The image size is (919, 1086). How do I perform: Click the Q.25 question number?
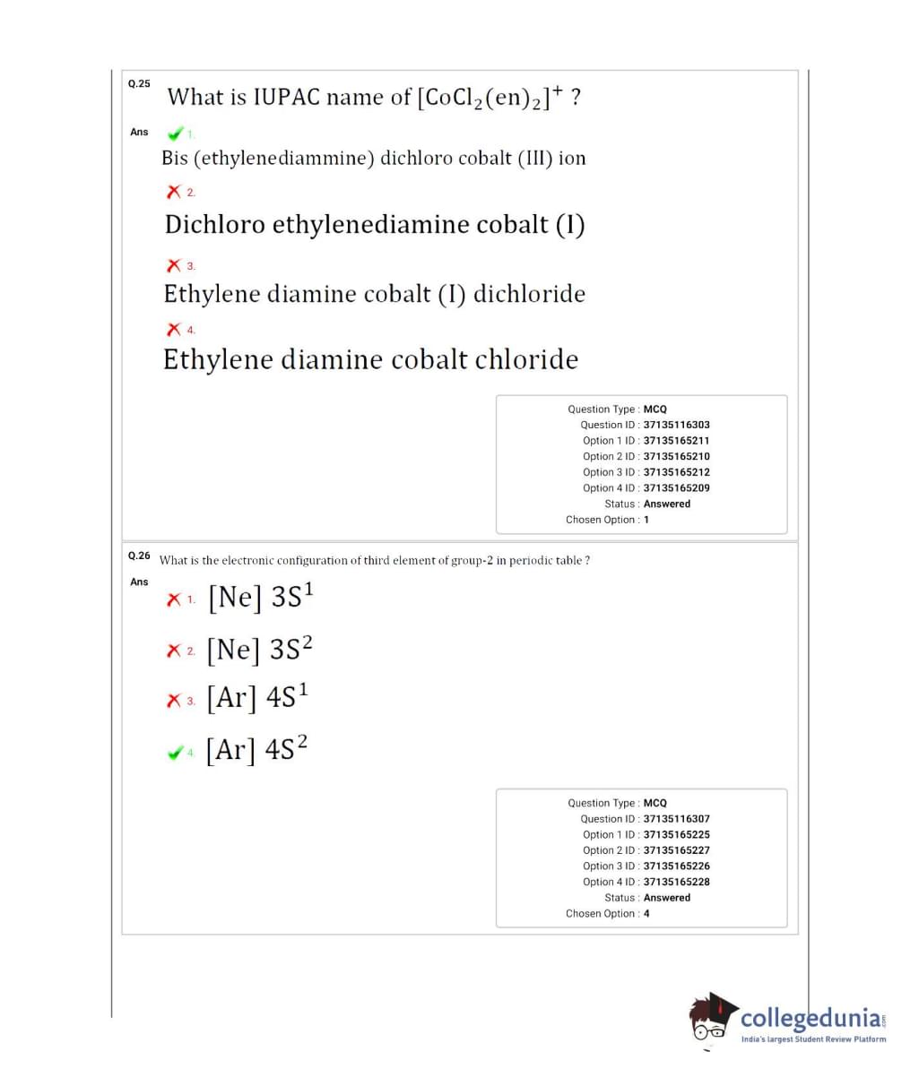[139, 83]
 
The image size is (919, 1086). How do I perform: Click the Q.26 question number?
[139, 556]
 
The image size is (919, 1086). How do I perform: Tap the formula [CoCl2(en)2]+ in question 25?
[490, 96]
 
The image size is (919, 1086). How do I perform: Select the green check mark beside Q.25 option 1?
[175, 134]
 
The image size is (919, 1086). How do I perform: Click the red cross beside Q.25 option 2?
[173, 192]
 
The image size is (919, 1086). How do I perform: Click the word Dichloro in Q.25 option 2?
[215, 224]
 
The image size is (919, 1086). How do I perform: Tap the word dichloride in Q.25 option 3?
[529, 294]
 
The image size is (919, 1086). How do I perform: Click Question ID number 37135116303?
[676, 425]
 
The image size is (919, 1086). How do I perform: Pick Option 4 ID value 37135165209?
[676, 488]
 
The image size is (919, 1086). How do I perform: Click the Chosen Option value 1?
[646, 520]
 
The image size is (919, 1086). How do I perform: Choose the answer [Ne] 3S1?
[261, 596]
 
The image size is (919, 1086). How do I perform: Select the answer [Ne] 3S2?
[260, 648]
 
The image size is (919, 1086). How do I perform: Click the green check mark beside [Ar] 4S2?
[175, 753]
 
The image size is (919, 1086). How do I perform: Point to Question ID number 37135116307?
[676, 819]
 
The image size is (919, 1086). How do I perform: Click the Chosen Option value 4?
[646, 914]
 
